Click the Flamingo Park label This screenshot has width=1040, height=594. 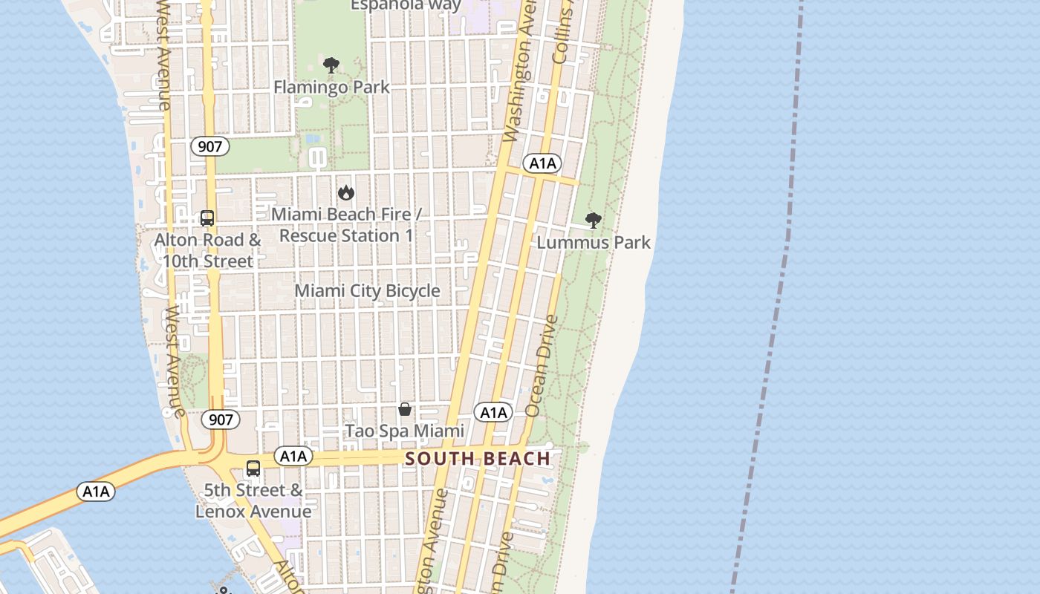click(331, 87)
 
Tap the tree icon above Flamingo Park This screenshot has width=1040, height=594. click(331, 65)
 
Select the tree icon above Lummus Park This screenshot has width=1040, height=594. click(593, 220)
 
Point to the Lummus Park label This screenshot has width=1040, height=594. click(594, 242)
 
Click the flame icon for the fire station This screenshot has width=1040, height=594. click(345, 193)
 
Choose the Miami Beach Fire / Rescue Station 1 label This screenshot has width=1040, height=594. click(346, 224)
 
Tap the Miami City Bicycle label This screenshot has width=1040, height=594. click(368, 290)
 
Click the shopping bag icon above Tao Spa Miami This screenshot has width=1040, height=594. click(405, 409)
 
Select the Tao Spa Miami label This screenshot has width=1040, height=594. click(405, 431)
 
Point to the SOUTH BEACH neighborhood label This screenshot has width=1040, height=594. click(478, 458)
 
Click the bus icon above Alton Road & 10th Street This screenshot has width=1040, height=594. click(207, 218)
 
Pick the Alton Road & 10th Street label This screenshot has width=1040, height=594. click(208, 250)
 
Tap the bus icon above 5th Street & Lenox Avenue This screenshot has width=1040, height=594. click(253, 469)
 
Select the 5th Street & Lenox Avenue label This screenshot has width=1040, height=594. click(253, 500)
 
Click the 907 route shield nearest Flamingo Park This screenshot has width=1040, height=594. click(210, 146)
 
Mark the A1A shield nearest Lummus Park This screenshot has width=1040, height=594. click(542, 163)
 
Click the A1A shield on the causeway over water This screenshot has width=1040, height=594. click(96, 491)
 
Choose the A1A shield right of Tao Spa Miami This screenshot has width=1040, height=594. click(494, 413)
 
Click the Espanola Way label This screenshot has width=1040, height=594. click(406, 6)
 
